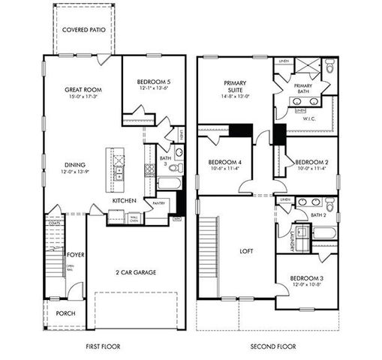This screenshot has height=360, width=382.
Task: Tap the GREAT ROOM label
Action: [83, 89]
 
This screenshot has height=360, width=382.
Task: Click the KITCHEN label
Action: [124, 201]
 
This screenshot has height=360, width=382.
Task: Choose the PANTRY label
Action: [158, 203]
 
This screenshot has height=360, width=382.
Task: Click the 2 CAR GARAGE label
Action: [135, 271]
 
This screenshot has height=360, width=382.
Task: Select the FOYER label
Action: [76, 255]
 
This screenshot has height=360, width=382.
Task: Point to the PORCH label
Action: [66, 313]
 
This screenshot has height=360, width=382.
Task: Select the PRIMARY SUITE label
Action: [235, 87]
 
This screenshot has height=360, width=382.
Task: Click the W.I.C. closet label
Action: [308, 118]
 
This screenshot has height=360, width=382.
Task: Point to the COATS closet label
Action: [53, 223]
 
